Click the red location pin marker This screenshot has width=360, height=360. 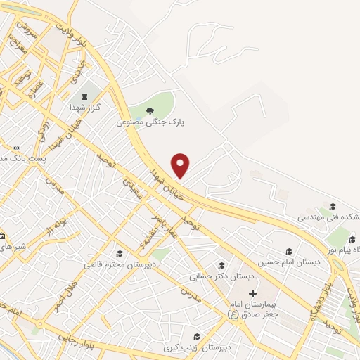pyautogui.click(x=181, y=165)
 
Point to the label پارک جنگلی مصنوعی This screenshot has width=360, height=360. pyautogui.click(x=150, y=121)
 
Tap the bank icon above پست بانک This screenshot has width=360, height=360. pyautogui.click(x=17, y=147)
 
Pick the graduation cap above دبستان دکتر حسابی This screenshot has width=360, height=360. pyautogui.click(x=221, y=265)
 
